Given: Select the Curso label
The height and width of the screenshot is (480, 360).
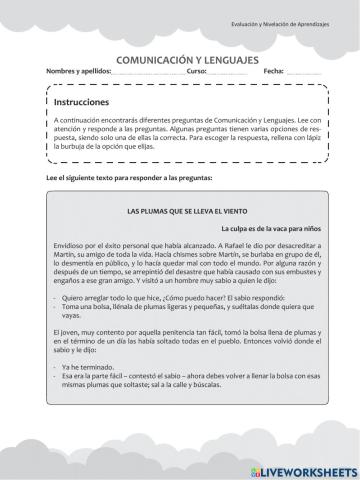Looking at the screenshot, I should pyautogui.click(x=196, y=73).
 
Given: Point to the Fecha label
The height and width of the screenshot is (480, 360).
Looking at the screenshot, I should pyautogui.click(x=274, y=73).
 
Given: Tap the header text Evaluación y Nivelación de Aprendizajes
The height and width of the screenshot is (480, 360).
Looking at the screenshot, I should pyautogui.click(x=294, y=23).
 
